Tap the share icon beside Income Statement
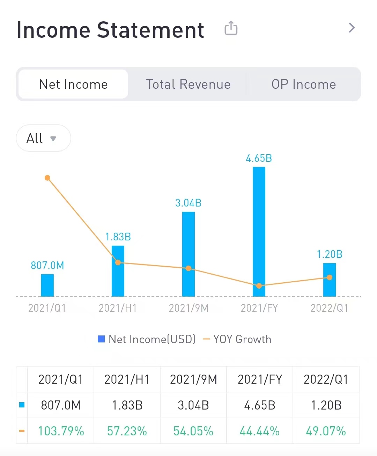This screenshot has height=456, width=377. pos(231,28)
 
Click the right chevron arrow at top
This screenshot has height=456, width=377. pos(352,28)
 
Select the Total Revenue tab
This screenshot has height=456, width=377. pos(188,84)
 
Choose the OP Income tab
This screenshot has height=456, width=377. pos(304,84)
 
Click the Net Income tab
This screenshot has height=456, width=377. pos(73,84)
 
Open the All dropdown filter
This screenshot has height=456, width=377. pos(43,138)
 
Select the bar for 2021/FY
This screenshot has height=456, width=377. pos(259,231)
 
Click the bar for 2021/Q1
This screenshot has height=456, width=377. pos(47,285)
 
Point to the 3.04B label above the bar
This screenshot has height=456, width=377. pos(188,203)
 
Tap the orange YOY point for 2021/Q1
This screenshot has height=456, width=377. pos(47,178)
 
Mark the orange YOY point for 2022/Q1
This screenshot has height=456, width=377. pos(330,277)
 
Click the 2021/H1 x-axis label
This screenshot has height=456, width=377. pos(118,308)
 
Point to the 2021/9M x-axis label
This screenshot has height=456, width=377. pos(188,308)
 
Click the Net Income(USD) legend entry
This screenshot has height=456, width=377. pos(147,339)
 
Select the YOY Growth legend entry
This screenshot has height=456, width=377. pos(237,339)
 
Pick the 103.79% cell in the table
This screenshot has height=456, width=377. pos(61,431)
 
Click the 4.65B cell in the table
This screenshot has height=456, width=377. pos(260,405)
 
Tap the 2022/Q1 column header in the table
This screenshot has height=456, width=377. pos(326,379)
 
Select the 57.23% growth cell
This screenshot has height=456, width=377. pos(127,431)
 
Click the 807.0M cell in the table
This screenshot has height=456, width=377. pos(61,405)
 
